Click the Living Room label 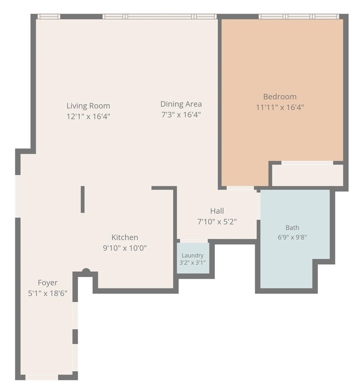click(88, 106)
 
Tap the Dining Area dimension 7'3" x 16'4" click(181, 115)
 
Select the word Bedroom click(280, 96)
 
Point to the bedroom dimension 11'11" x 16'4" click(280, 107)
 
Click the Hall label click(217, 211)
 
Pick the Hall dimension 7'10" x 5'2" click(217, 222)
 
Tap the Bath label click(292, 228)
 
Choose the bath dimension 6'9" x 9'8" click(292, 237)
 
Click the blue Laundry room click(193, 258)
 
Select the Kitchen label click(125, 238)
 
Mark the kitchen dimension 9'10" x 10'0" click(125, 248)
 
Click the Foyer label click(48, 282)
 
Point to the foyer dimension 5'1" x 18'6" click(48, 294)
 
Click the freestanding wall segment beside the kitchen click(83, 199)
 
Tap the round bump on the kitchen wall click(86, 271)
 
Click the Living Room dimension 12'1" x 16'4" click(88, 116)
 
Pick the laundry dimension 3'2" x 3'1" click(193, 263)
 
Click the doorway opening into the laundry click(194, 241)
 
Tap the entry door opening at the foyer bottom click(42, 377)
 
